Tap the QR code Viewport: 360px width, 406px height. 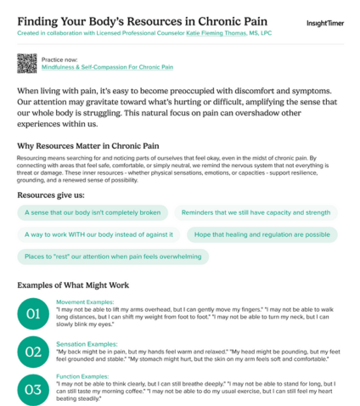pyautogui.click(x=27, y=63)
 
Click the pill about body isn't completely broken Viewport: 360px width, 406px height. pyautogui.click(x=91, y=212)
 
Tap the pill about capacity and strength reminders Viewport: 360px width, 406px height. pyautogui.click(x=255, y=212)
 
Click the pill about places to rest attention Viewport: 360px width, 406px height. pyautogui.click(x=113, y=256)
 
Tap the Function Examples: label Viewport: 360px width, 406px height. pyautogui.click(x=83, y=375)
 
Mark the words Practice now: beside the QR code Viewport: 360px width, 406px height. pyautogui.click(x=58, y=58)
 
